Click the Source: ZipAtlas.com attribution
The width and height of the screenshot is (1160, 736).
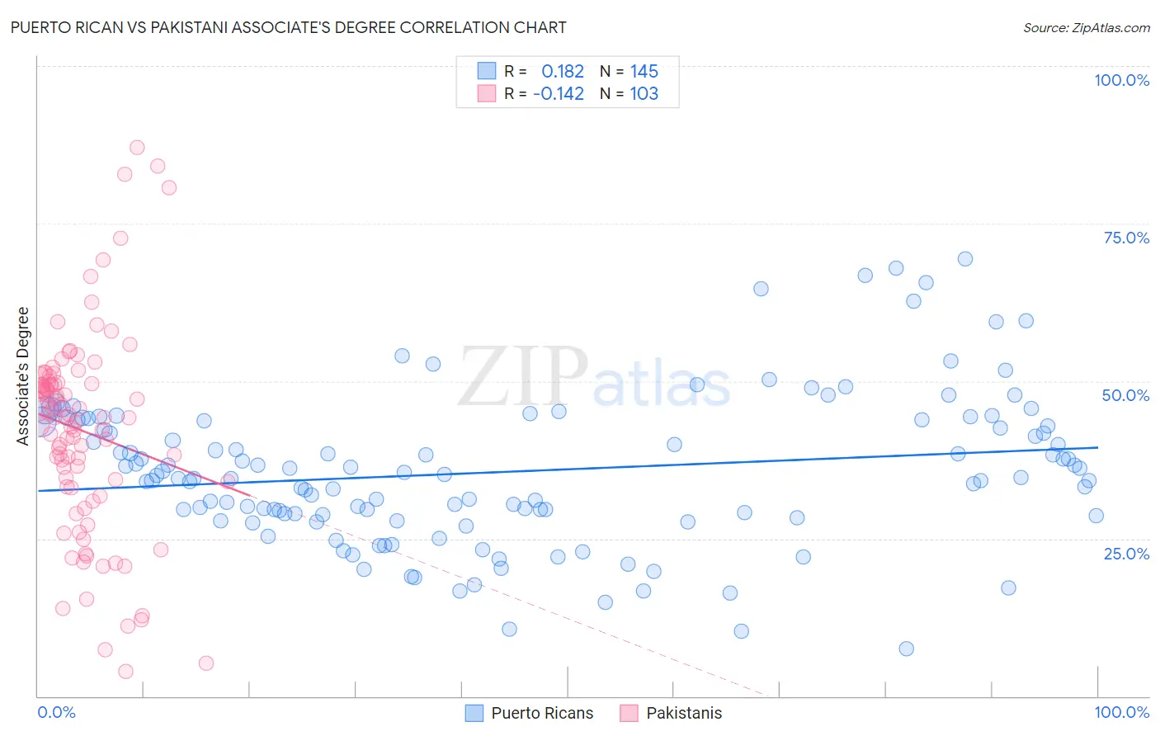1086,27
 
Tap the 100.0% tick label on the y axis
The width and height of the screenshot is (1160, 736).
1121,80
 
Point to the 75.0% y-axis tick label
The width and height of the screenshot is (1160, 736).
1126,238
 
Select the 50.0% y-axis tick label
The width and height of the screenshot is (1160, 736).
1125,395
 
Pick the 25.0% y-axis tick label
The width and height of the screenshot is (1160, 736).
1126,553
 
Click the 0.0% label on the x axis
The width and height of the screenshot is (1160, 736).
56,712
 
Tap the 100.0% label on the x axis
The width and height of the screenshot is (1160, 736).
1121,712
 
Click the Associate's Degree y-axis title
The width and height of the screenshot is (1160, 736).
23,375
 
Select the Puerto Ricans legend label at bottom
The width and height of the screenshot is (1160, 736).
542,713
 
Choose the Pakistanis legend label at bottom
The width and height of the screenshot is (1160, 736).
684,713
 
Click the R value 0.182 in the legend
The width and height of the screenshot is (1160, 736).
563,72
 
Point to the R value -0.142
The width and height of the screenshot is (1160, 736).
559,94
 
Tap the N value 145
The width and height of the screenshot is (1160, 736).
644,72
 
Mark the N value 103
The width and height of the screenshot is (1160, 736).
644,94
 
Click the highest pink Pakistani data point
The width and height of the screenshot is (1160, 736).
137,148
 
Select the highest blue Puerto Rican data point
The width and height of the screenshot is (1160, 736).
964,259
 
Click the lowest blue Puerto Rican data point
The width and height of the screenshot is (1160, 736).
906,649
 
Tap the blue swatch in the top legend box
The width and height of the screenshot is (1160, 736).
487,71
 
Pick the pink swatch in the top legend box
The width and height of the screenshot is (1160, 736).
487,93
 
